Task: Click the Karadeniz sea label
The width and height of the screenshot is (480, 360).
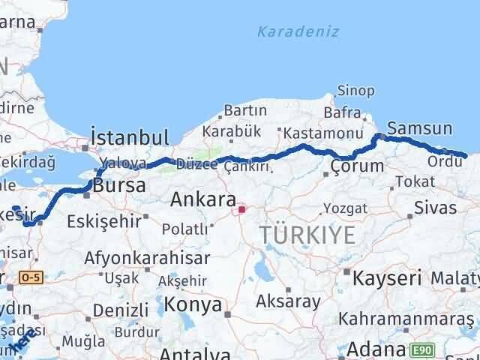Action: point(298,31)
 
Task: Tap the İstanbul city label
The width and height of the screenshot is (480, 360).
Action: point(128,136)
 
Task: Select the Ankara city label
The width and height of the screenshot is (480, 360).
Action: point(199,199)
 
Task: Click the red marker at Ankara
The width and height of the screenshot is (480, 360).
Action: point(241,210)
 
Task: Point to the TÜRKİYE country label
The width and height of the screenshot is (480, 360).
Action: point(307,235)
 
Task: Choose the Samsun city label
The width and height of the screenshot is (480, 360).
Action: point(419,127)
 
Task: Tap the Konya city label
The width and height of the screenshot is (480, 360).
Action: point(193,304)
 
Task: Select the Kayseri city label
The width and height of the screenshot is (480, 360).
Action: point(388,277)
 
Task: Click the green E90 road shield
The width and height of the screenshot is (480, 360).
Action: point(420,349)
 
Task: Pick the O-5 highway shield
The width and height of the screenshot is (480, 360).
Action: point(32,277)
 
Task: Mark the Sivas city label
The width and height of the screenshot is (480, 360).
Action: point(435,208)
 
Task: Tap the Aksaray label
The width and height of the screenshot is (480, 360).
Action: point(288,302)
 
